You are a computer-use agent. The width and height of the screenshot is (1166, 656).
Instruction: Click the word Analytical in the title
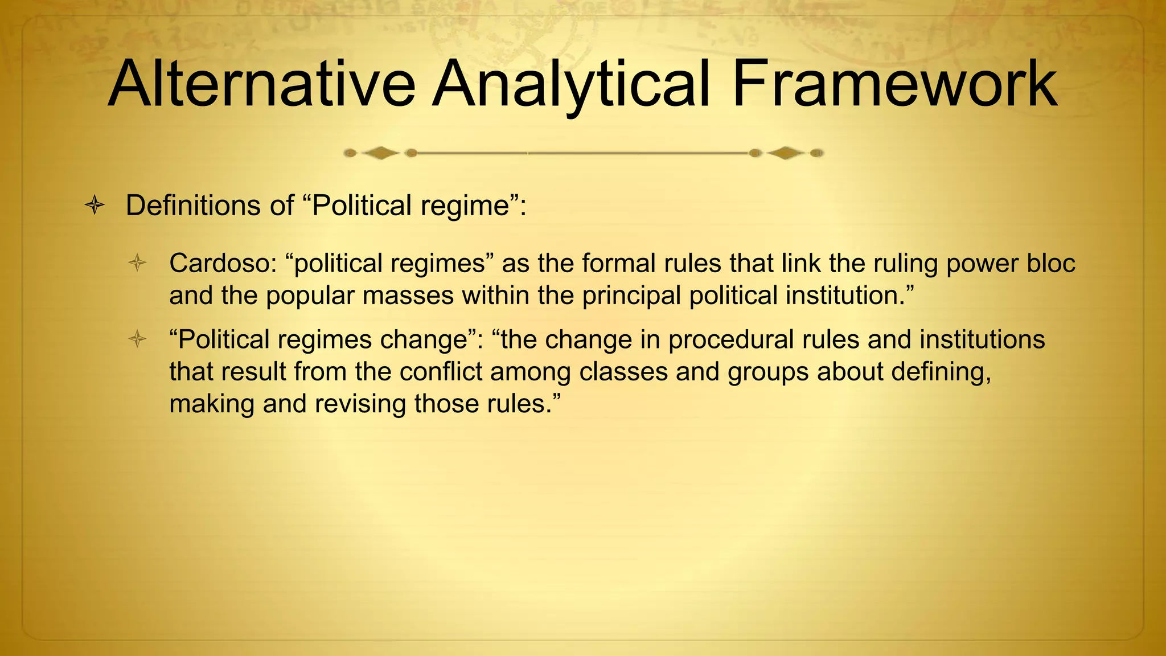tap(572, 85)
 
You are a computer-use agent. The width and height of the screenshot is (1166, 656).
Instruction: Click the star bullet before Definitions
tap(95, 206)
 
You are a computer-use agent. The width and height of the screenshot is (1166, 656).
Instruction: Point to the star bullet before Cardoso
tap(137, 264)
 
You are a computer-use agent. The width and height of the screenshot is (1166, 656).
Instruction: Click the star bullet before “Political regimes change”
tap(137, 340)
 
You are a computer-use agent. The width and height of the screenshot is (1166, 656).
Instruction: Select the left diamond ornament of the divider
tap(380, 153)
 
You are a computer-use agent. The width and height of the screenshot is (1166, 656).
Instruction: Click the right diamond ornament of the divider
tap(786, 153)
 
